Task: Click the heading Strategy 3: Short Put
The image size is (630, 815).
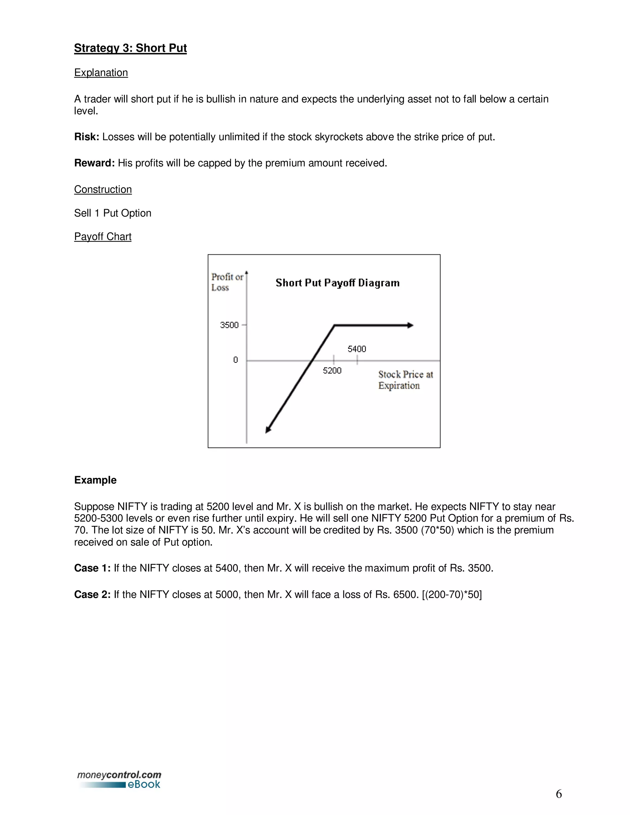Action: [x=130, y=48]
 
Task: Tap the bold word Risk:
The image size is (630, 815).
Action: [x=86, y=137]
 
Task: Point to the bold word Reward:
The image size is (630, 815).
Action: [x=94, y=163]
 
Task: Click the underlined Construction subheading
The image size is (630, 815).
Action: [x=103, y=189]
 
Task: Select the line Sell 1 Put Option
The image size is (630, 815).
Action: [x=113, y=213]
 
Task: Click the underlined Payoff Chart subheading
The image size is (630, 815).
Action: [x=103, y=237]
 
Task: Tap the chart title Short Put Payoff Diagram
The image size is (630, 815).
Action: [x=337, y=283]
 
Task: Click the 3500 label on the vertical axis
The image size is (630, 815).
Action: [x=229, y=325]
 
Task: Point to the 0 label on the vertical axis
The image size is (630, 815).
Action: [x=236, y=360]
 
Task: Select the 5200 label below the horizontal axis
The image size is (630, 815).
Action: [x=332, y=371]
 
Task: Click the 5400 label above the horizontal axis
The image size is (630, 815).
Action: [x=357, y=349]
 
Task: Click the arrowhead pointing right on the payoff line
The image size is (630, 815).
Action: [x=410, y=325]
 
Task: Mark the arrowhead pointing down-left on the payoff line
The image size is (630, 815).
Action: [x=268, y=430]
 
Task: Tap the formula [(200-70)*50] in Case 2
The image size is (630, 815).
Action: [x=452, y=594]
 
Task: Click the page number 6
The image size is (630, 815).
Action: [x=558, y=794]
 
